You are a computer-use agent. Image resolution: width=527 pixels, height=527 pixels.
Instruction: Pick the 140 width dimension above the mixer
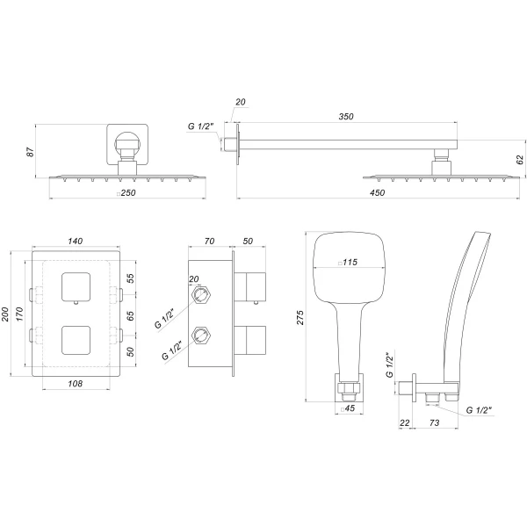point(75,240)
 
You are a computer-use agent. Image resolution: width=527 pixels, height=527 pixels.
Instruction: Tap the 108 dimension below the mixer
point(75,384)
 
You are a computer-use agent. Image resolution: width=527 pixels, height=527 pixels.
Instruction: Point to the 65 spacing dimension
point(130,314)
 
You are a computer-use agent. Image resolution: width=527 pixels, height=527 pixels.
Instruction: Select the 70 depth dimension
point(209,240)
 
